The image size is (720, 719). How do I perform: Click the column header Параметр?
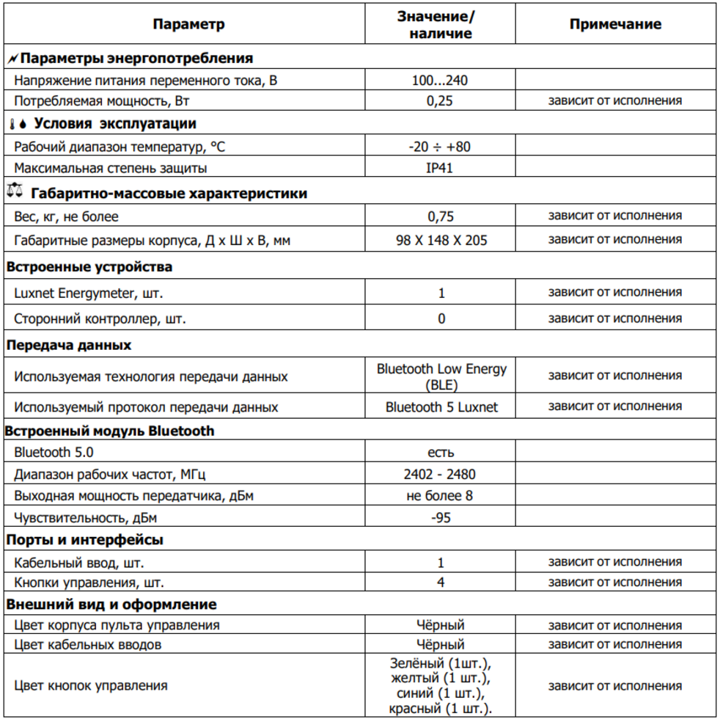click(188, 24)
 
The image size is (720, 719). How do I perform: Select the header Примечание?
click(615, 24)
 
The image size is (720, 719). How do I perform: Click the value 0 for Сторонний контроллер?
click(441, 318)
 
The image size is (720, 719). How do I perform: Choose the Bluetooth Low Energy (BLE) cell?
click(441, 376)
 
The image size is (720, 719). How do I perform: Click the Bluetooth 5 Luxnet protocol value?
click(441, 406)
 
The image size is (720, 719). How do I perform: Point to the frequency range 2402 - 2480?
click(440, 475)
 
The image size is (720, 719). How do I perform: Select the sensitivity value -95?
click(441, 518)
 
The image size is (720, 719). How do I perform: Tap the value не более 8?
click(440, 496)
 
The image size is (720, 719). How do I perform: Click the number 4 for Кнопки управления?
click(441, 583)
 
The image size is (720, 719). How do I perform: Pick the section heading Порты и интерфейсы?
click(84, 540)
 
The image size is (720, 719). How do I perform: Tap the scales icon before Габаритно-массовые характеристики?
click(14, 193)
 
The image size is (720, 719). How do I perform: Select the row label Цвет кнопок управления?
click(91, 686)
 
